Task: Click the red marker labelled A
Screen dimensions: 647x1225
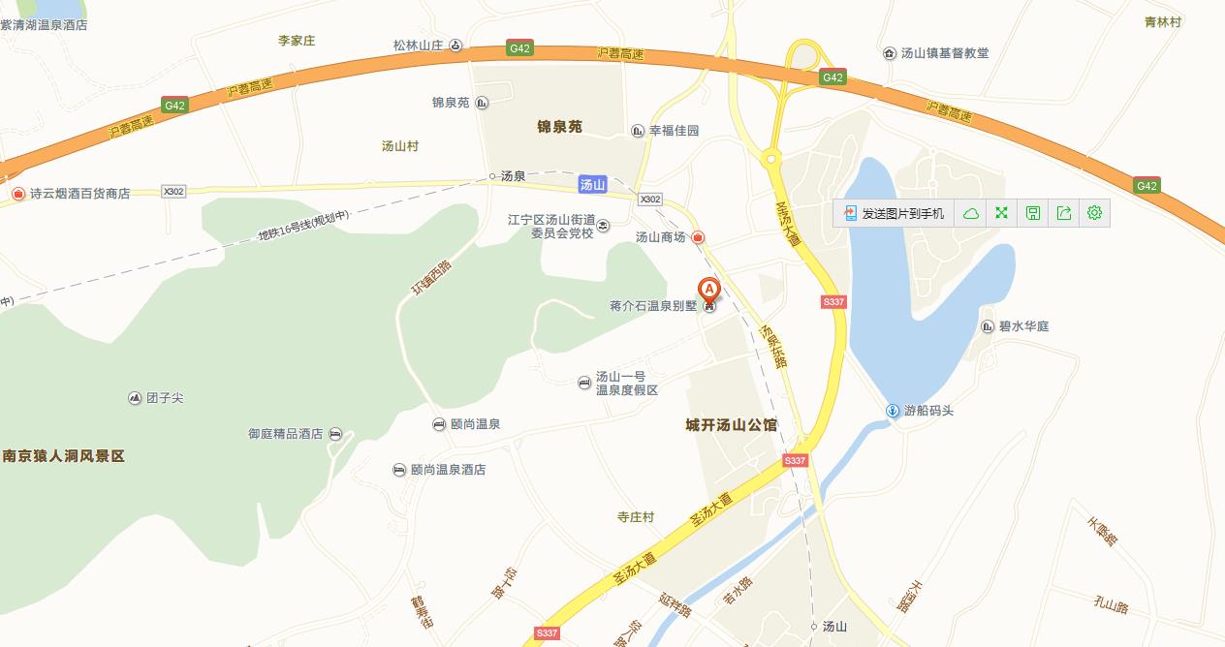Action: [x=709, y=290]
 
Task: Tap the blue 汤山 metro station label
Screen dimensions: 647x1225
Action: [x=592, y=184]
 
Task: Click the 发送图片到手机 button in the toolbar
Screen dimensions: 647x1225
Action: [x=894, y=213]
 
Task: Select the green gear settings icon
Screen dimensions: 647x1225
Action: [x=1094, y=213]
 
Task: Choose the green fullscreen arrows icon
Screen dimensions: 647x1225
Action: [x=1001, y=213]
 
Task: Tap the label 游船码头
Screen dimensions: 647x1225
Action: [x=928, y=411]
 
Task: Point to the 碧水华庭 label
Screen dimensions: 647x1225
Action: [x=1023, y=326]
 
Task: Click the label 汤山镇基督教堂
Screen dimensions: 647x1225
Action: [x=945, y=53]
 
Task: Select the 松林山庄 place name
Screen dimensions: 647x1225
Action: [x=418, y=46]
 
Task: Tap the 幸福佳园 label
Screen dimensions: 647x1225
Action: [x=674, y=131]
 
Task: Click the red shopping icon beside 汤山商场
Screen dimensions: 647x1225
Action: [x=698, y=237]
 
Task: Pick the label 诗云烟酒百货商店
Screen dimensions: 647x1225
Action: [x=79, y=194]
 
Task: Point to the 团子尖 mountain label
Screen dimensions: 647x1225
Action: [x=164, y=398]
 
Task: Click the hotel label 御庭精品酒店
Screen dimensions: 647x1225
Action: [x=285, y=434]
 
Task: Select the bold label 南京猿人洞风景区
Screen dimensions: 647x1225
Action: [x=64, y=455]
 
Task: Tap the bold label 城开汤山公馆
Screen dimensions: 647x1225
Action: [x=731, y=425]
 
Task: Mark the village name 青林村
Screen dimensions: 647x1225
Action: [x=1162, y=21]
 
